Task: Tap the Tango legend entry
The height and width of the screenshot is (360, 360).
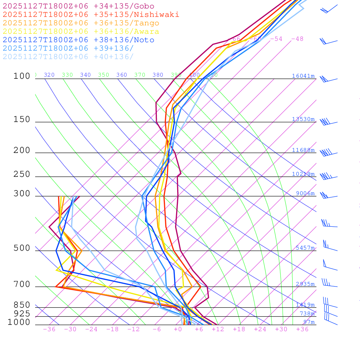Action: pos(81,23)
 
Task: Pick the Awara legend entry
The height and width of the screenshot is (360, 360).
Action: pos(81,32)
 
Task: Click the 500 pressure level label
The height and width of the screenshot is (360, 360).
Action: pos(22,248)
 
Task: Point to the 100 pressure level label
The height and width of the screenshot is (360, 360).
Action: pos(22,76)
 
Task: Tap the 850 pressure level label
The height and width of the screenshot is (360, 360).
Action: pos(22,305)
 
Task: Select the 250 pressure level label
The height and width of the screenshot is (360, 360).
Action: pos(22,174)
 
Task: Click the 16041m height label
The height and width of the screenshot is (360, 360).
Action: pos(303,76)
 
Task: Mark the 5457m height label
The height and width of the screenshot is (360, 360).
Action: pos(305,248)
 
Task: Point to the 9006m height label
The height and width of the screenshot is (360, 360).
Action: pos(305,193)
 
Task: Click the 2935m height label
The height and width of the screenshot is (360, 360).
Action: pos(305,284)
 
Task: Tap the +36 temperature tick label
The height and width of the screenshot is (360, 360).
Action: pos(302,329)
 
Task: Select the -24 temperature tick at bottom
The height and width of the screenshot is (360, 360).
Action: pos(91,329)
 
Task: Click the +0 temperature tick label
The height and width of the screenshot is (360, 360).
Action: pos(178,329)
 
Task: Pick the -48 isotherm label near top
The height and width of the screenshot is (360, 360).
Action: pos(297,39)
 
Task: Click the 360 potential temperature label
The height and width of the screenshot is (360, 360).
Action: pos(122,75)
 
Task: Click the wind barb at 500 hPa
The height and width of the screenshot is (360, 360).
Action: pos(329,246)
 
